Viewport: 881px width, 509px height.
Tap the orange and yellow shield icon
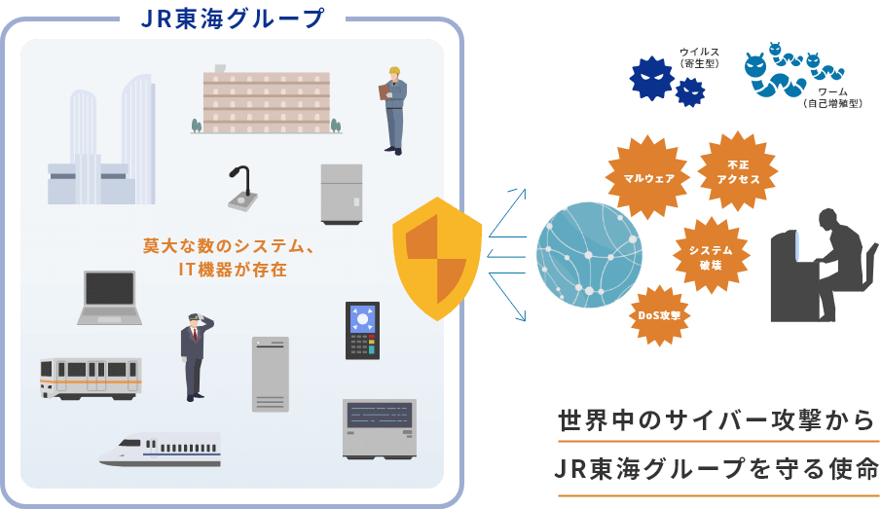pyautogui.click(x=437, y=258)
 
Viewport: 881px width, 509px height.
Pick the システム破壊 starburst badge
pyautogui.click(x=711, y=256)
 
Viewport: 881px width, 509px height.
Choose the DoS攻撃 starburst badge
pyautogui.click(x=659, y=315)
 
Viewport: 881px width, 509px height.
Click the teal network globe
pyautogui.click(x=589, y=255)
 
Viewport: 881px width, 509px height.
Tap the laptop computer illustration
pyautogui.click(x=109, y=297)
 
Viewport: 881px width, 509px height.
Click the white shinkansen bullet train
pyautogui.click(x=161, y=449)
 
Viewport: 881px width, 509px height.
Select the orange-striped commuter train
pyautogui.click(x=91, y=377)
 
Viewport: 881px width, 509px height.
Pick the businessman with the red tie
pyautogui.click(x=194, y=355)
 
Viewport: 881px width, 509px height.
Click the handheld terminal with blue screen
pyautogui.click(x=362, y=330)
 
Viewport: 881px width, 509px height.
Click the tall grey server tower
pyautogui.click(x=271, y=374)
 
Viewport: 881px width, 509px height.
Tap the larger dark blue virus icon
pyautogui.click(x=652, y=78)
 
